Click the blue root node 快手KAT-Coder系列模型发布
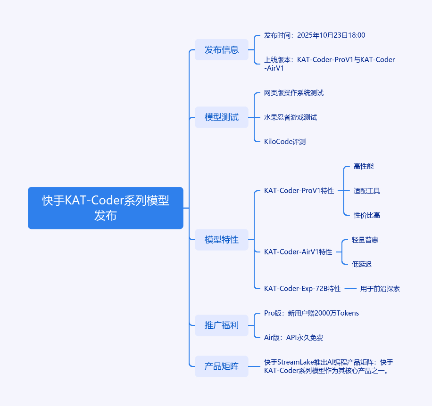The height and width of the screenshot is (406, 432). tap(105, 208)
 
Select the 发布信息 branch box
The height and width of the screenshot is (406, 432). tap(221, 49)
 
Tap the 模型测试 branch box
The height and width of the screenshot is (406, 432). tap(221, 117)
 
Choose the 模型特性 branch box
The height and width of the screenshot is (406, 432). tap(221, 239)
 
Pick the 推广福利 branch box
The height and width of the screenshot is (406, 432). tap(221, 325)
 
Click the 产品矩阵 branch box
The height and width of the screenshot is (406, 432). tap(221, 366)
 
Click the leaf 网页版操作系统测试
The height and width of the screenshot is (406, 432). tap(294, 93)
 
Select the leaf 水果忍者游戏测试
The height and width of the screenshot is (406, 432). tap(291, 117)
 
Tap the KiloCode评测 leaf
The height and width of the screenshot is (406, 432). tap(285, 141)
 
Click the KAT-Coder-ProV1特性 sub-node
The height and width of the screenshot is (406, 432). tap(299, 191)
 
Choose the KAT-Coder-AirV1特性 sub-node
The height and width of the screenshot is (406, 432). tap(298, 252)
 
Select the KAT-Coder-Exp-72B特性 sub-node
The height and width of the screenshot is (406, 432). tap(302, 289)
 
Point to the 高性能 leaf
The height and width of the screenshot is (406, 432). tap(364, 166)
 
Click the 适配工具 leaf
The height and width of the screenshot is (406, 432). tap(367, 191)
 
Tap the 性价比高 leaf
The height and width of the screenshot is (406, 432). tap(367, 215)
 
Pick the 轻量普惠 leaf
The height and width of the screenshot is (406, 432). tap(365, 240)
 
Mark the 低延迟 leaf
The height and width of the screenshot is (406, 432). tap(362, 264)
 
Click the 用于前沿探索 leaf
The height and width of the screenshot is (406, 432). tap(380, 289)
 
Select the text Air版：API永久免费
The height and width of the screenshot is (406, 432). tap(293, 337)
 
